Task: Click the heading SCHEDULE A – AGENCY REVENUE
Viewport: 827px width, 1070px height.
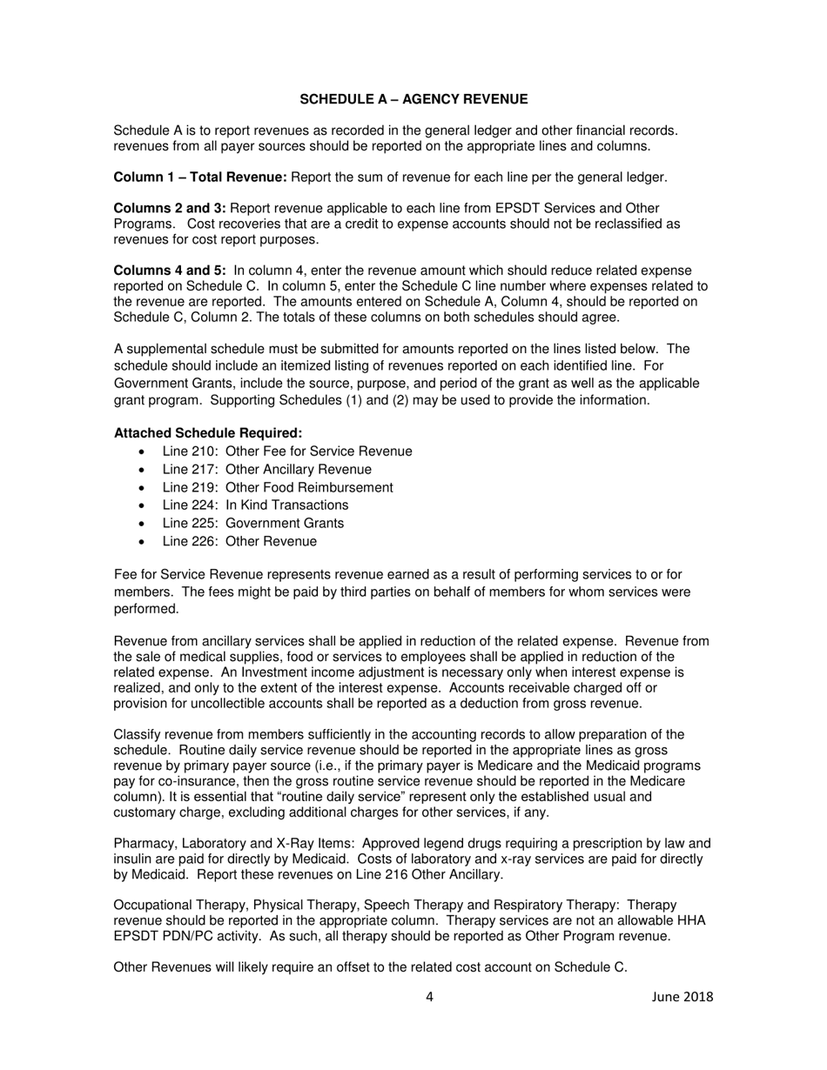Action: [x=413, y=99]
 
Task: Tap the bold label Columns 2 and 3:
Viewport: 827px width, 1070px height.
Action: [x=171, y=208]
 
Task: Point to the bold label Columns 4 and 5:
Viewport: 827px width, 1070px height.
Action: [x=171, y=271]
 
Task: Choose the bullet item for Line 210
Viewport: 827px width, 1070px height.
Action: [x=287, y=451]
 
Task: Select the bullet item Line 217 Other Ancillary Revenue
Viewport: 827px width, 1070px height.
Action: [x=266, y=470]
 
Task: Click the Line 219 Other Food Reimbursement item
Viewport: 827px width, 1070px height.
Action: [x=277, y=487]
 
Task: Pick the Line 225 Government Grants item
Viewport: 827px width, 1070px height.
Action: [x=252, y=524]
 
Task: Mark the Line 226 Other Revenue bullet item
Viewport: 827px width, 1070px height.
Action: [x=239, y=541]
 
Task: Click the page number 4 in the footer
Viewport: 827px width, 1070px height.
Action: [x=430, y=997]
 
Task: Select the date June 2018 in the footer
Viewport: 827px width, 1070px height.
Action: [x=682, y=997]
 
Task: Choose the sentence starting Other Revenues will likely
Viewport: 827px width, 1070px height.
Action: [x=370, y=966]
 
